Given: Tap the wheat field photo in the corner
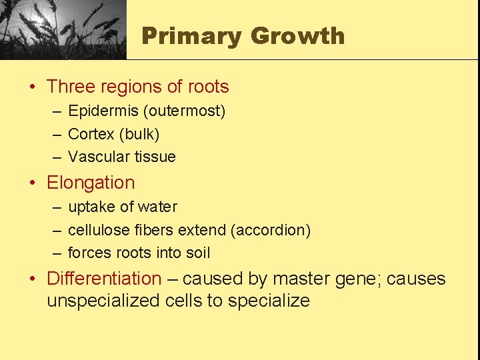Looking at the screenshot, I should (63, 29).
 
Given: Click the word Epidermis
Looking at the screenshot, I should (100, 111).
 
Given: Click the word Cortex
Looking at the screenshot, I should (91, 134).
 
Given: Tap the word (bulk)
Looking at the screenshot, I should (139, 134).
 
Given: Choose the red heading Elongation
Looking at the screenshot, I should (91, 183).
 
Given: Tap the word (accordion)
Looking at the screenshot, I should (271, 231).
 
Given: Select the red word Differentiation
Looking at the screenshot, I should (104, 279).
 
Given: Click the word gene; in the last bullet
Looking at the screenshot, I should (352, 279).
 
